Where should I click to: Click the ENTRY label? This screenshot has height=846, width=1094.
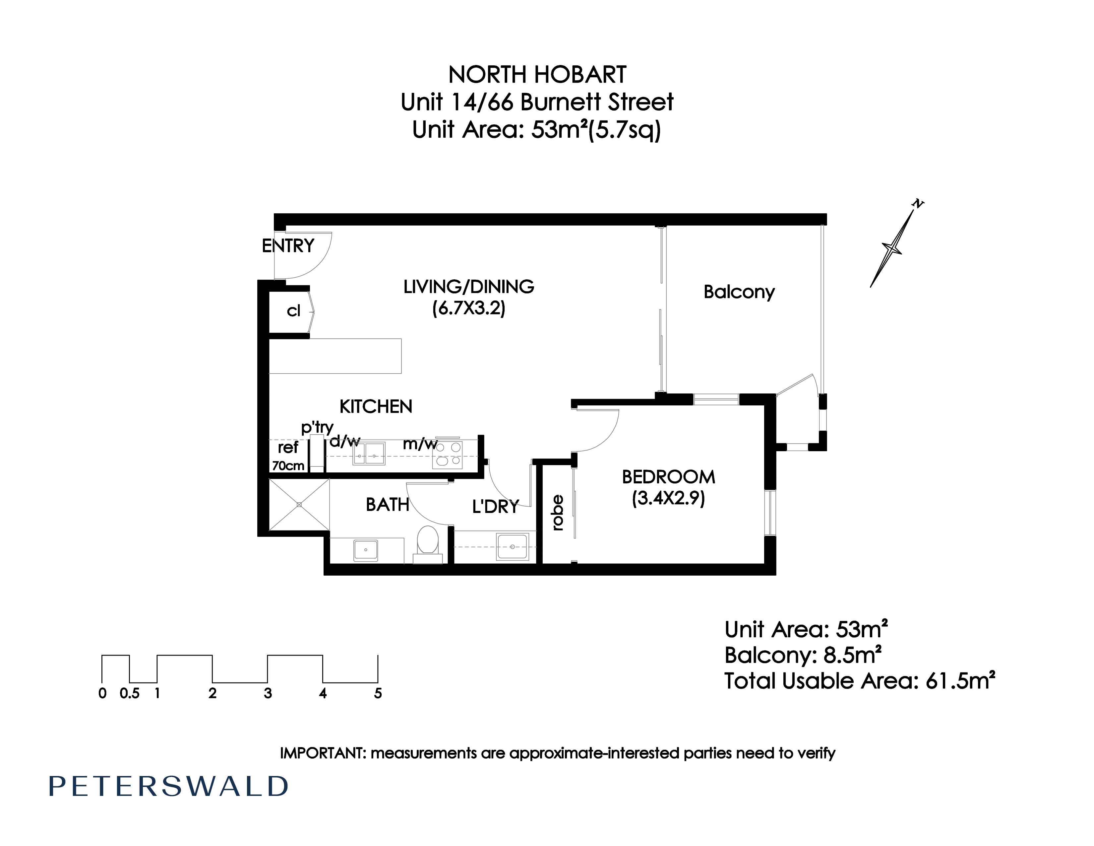288,246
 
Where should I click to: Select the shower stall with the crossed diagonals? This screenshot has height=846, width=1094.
299,504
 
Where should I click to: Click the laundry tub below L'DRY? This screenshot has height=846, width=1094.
512,546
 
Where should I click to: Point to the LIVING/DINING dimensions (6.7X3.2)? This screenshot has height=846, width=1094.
469,308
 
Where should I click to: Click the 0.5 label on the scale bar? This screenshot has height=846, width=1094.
130,694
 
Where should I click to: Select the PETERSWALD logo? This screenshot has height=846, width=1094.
168,786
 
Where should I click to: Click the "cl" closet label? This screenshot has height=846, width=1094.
293,311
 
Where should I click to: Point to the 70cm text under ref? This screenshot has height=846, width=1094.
288,465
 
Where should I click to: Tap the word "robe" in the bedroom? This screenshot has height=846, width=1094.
558,513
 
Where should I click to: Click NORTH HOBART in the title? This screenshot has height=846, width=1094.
537,75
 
